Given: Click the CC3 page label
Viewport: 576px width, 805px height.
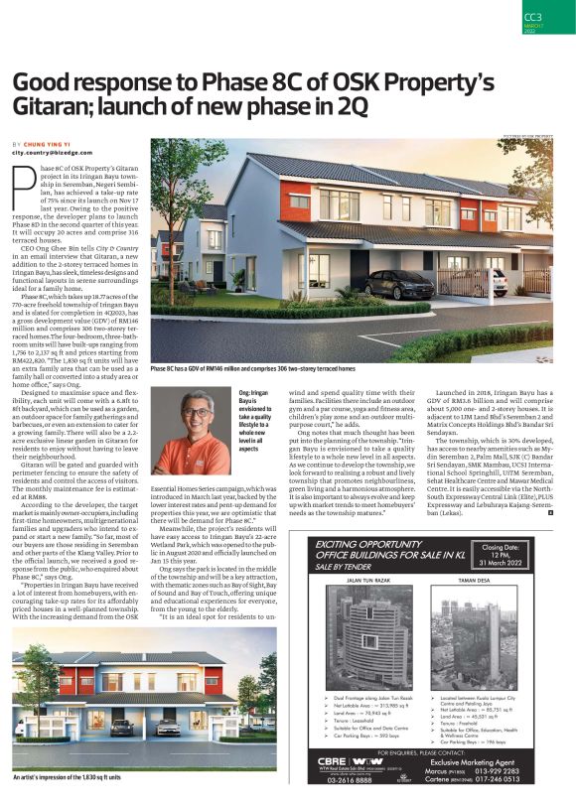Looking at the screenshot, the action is (532, 16).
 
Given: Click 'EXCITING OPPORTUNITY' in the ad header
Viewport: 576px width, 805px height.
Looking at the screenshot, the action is (374, 544).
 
